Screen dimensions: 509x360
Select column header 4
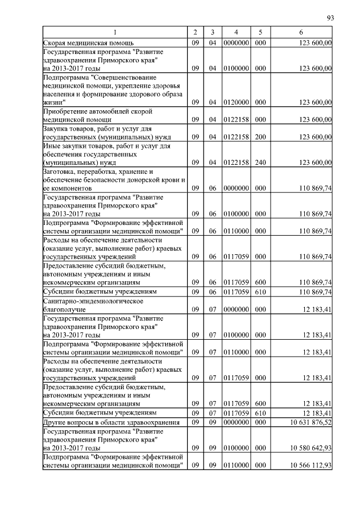(236, 33)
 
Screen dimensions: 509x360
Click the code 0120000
(236, 102)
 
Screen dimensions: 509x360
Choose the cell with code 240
(260, 163)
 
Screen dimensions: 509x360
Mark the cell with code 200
(260, 137)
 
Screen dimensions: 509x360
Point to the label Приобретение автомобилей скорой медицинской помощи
(82, 115)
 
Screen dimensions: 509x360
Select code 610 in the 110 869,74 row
(260, 291)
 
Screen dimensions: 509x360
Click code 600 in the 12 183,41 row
(260, 403)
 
